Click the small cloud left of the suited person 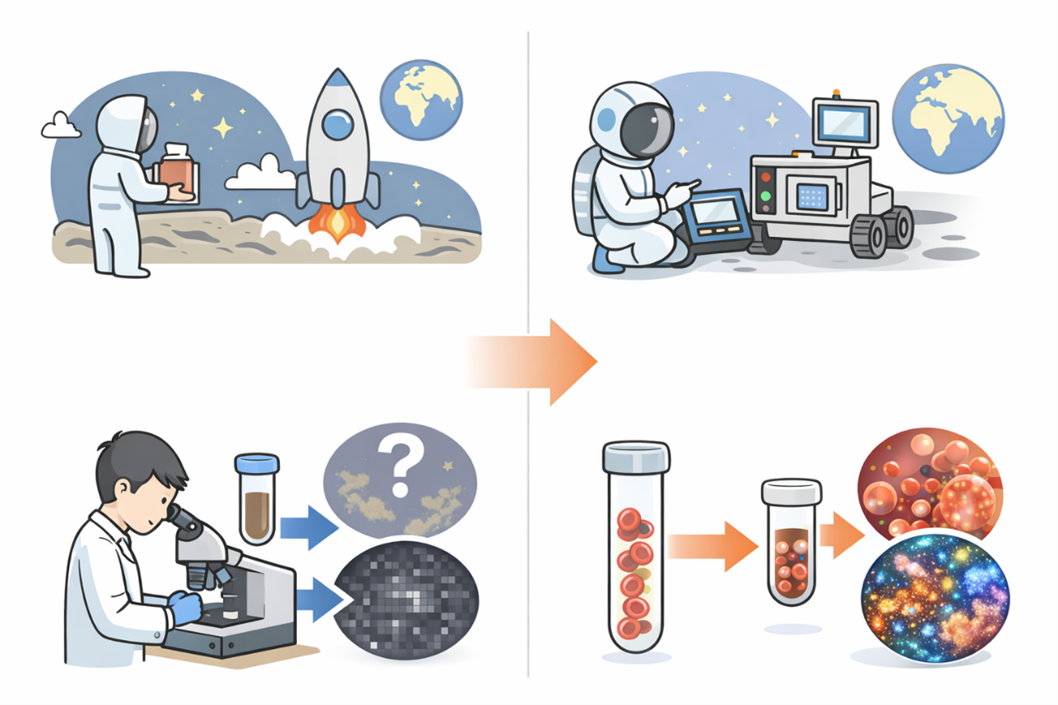60,126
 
